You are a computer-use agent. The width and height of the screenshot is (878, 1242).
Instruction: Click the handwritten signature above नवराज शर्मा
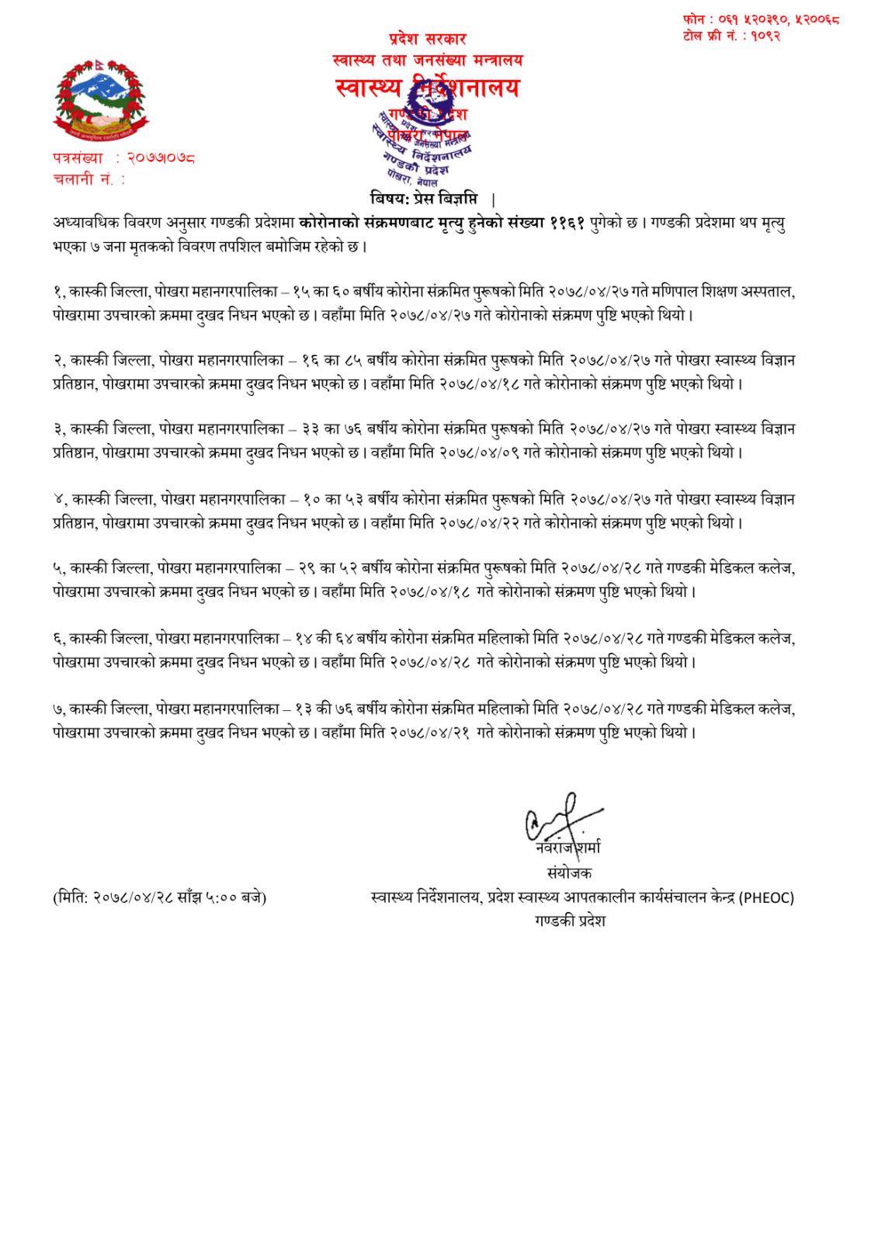(x=563, y=818)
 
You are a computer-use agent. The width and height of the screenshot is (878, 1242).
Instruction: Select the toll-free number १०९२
(x=764, y=35)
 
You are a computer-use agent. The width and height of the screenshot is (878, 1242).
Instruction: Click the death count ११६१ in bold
(x=567, y=223)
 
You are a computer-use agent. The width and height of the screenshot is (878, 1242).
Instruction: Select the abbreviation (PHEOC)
(x=766, y=898)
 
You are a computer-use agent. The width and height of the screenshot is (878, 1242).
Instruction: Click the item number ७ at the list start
(x=57, y=709)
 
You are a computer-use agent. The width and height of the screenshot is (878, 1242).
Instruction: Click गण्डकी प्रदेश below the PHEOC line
(x=569, y=921)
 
